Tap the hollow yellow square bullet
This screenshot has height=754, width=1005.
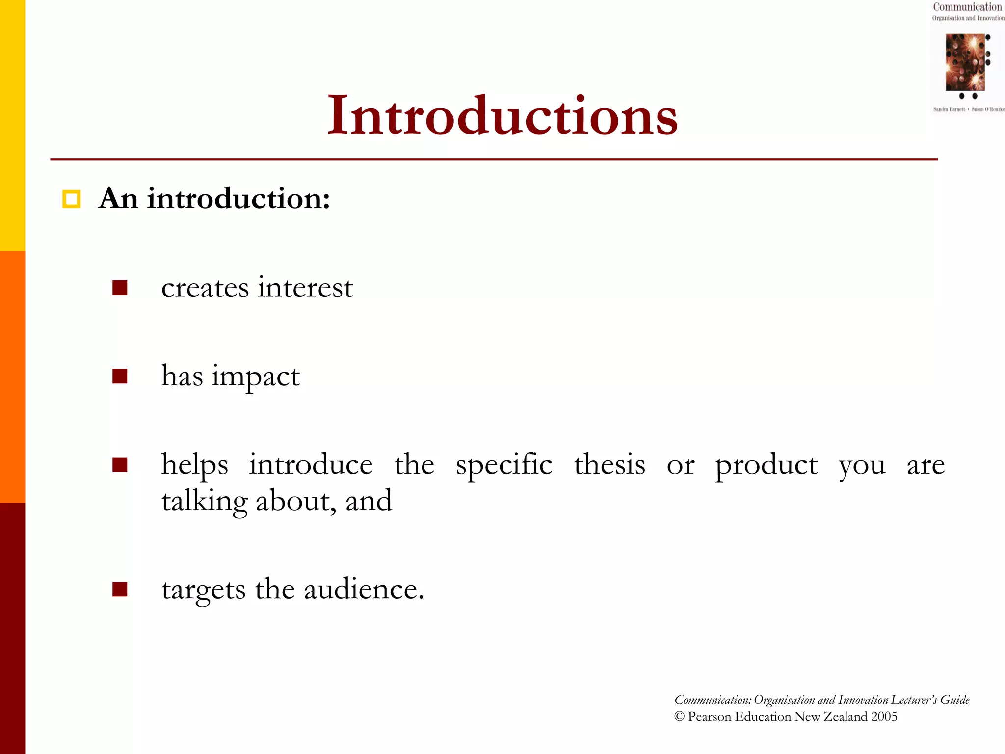point(71,199)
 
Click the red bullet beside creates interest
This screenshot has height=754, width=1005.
point(120,288)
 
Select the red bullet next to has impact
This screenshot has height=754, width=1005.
point(120,376)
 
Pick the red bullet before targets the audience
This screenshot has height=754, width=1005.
point(120,589)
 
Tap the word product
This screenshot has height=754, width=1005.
point(766,465)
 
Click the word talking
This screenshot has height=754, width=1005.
point(205,502)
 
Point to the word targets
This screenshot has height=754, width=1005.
point(203,590)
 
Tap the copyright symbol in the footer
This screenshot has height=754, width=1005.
point(679,716)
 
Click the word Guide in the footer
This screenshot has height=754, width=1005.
point(954,700)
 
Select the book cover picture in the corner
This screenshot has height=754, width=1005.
point(966,62)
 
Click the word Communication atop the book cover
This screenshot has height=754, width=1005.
point(967,7)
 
